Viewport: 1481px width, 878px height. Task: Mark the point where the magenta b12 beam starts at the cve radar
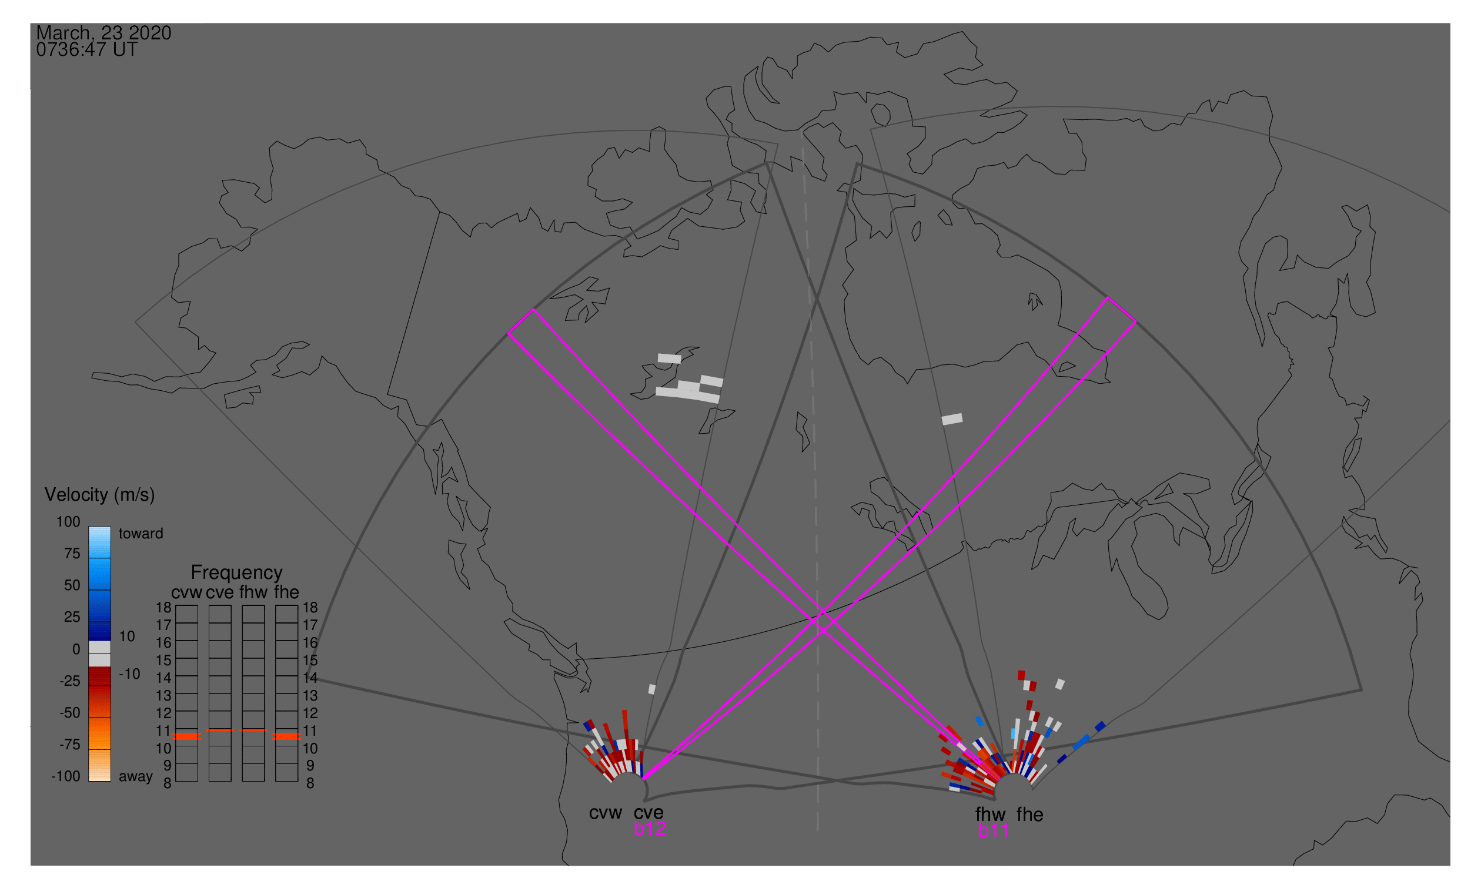(x=644, y=779)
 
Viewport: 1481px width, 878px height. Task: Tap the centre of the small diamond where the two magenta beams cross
(x=823, y=621)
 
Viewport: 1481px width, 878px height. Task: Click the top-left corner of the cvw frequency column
(x=176, y=605)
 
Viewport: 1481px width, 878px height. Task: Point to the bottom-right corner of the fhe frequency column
(x=297, y=782)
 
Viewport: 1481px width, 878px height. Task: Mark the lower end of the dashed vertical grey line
(x=817, y=830)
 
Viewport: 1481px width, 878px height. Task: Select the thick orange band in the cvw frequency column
(x=187, y=736)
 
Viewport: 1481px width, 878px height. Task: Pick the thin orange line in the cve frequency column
(x=220, y=730)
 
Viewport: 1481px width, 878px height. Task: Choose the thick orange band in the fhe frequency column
(x=287, y=736)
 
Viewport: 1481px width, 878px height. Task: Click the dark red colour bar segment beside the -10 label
(x=99, y=676)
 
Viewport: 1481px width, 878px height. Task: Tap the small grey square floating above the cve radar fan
(x=651, y=689)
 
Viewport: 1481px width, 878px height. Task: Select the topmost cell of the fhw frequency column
(x=253, y=614)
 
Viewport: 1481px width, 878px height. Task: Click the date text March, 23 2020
(x=103, y=32)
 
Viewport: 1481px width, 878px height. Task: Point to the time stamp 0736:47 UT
(x=86, y=50)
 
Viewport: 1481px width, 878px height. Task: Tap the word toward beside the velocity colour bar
(x=141, y=534)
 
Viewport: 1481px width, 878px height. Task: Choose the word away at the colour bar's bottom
(x=136, y=776)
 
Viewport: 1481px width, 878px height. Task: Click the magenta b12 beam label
(x=650, y=829)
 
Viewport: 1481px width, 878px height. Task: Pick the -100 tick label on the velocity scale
(x=66, y=776)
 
